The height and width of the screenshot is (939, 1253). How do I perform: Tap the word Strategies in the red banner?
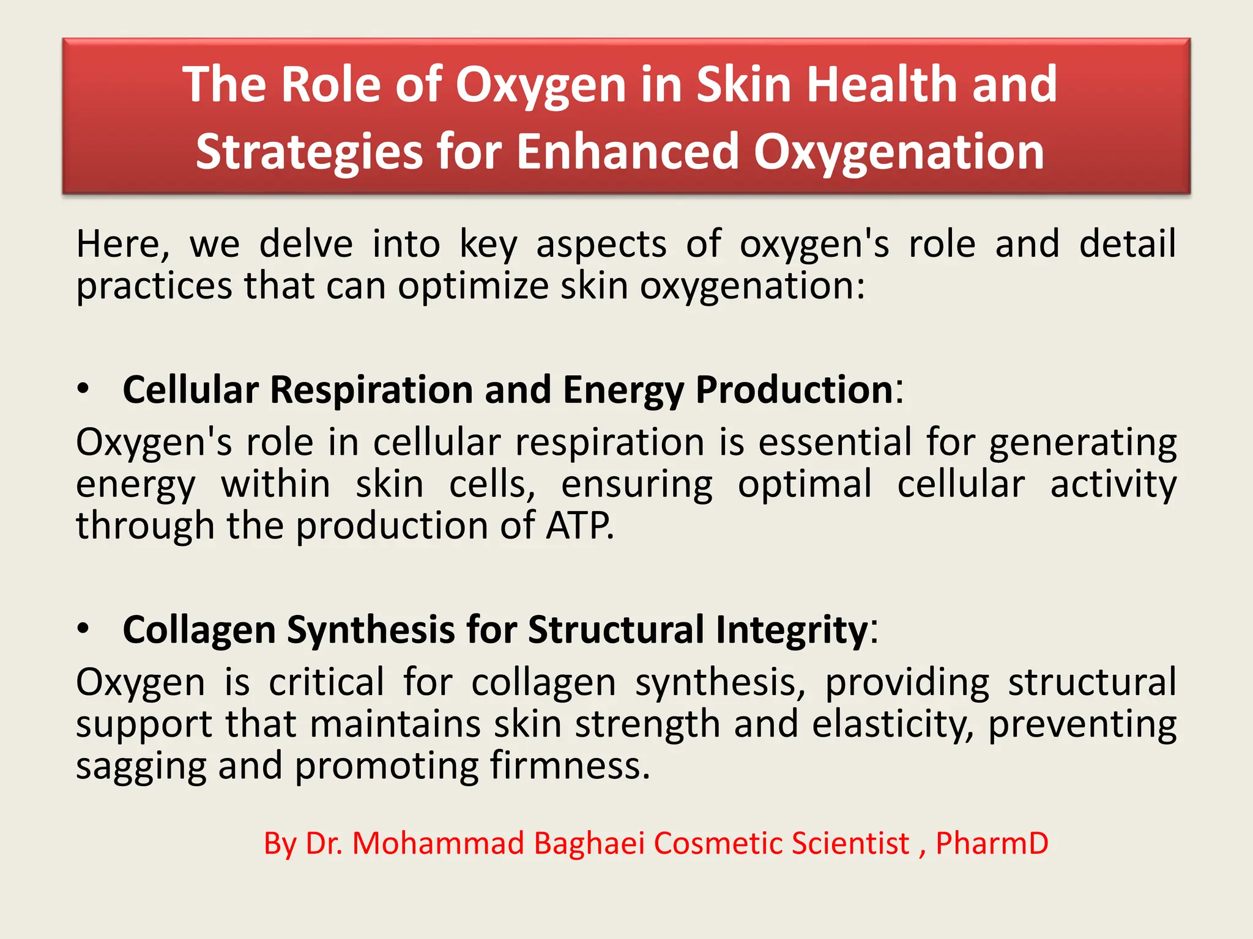point(308,152)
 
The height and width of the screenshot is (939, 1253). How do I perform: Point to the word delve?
point(306,244)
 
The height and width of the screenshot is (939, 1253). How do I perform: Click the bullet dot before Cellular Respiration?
point(84,389)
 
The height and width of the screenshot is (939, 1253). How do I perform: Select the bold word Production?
point(795,389)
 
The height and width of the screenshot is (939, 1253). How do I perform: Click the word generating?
point(1082,443)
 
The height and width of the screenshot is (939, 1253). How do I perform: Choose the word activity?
point(1113,485)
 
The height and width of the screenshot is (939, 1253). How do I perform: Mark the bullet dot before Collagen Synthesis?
point(84,629)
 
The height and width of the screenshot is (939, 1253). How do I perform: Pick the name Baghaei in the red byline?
point(589,844)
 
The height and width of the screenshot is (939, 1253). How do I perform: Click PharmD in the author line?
point(992,844)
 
